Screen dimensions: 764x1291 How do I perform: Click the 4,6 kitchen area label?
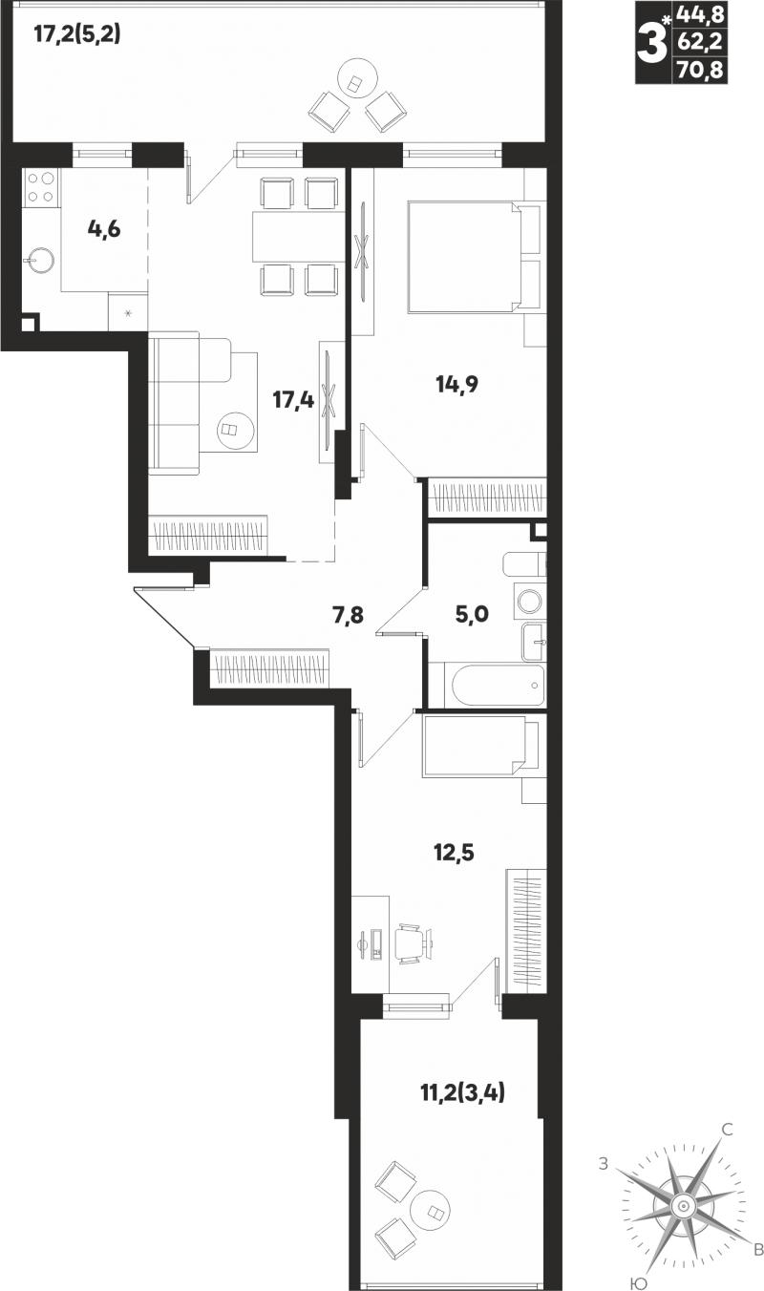104,229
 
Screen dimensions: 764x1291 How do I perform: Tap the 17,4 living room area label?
293,399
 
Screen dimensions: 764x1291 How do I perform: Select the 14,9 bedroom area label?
457,384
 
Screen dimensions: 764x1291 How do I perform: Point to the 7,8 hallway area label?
349,616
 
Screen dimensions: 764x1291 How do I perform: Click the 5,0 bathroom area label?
472,614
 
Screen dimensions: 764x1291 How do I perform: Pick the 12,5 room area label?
454,851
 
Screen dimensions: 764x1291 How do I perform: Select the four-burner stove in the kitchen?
41,188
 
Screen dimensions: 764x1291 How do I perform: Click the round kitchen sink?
40,261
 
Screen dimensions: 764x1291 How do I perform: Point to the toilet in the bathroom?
524,564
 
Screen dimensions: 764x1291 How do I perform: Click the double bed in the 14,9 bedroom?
474,257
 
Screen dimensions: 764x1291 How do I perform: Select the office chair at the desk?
413,943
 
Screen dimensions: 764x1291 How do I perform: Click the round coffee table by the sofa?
237,430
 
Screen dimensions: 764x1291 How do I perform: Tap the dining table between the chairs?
294,236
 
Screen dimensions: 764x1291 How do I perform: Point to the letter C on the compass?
729,1129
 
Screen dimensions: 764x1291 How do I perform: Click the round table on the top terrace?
357,78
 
